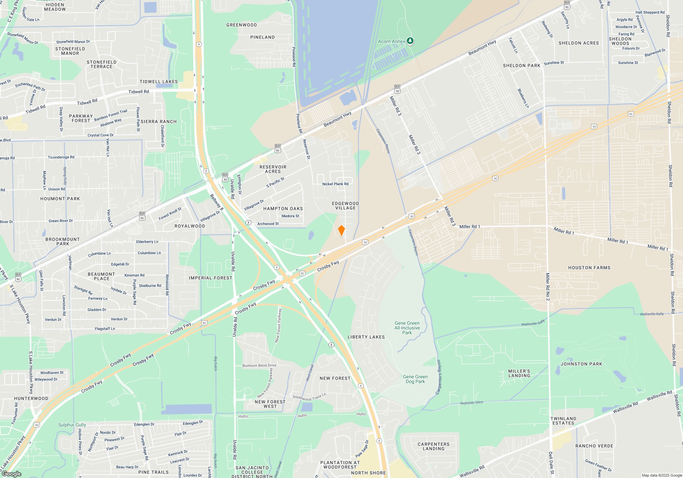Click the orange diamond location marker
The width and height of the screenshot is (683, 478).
tap(341, 230)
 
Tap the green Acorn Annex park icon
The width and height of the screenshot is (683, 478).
tap(410, 41)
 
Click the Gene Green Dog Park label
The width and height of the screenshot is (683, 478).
tap(415, 379)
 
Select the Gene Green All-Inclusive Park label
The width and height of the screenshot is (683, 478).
tap(407, 328)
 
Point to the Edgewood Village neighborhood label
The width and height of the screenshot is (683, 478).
tap(345, 206)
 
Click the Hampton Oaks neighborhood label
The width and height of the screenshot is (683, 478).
tap(283, 209)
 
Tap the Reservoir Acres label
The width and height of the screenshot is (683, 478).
tap(273, 169)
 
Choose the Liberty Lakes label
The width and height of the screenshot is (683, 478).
tap(366, 337)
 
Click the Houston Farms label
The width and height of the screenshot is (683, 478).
tap(589, 268)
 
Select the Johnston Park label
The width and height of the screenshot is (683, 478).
tap(581, 364)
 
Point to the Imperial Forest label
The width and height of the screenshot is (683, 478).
tap(210, 278)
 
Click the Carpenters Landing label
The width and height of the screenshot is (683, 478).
tap(433, 446)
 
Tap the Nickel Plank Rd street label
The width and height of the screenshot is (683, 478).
tap(335, 184)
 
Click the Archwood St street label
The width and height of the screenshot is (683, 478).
tap(268, 224)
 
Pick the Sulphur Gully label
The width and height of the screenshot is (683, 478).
tap(72, 425)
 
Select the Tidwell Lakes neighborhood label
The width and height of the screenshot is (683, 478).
tap(158, 82)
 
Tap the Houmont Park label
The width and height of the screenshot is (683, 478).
tap(60, 199)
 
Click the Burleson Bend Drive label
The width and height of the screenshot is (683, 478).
tap(259, 365)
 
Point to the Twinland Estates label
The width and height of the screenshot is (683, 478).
tap(563, 421)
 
